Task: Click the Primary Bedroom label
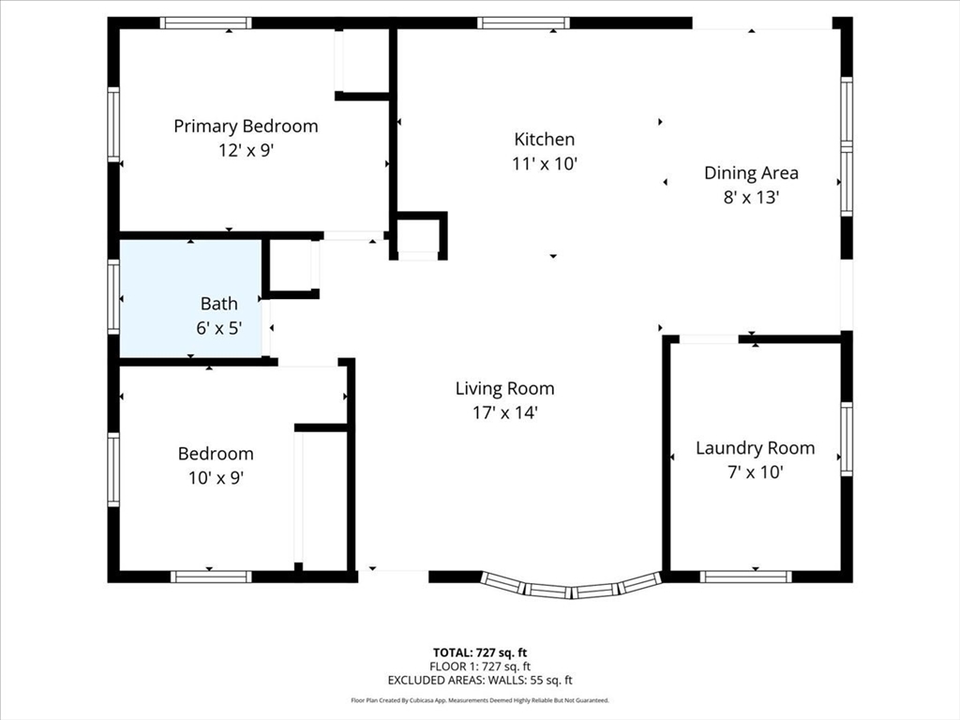tap(246, 127)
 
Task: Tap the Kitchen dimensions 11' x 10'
tap(545, 163)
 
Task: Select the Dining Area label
tap(751, 173)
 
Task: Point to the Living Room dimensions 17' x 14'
tap(504, 412)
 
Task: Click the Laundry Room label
tap(755, 448)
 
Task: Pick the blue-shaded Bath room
tap(191, 298)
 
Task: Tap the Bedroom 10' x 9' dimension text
tap(216, 477)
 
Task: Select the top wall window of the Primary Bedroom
tap(205, 23)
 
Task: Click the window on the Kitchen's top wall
tap(523, 23)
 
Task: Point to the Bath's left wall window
tap(113, 297)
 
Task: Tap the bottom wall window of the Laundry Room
tap(745, 577)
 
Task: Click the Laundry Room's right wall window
tap(847, 439)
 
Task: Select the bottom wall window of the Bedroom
tap(211, 577)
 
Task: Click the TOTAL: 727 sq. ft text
tap(480, 652)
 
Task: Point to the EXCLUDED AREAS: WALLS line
tap(480, 680)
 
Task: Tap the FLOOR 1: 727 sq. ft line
tap(480, 667)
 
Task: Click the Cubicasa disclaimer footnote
tap(480, 700)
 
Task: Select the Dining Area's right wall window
tap(847, 146)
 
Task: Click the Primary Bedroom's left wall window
tap(113, 125)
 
